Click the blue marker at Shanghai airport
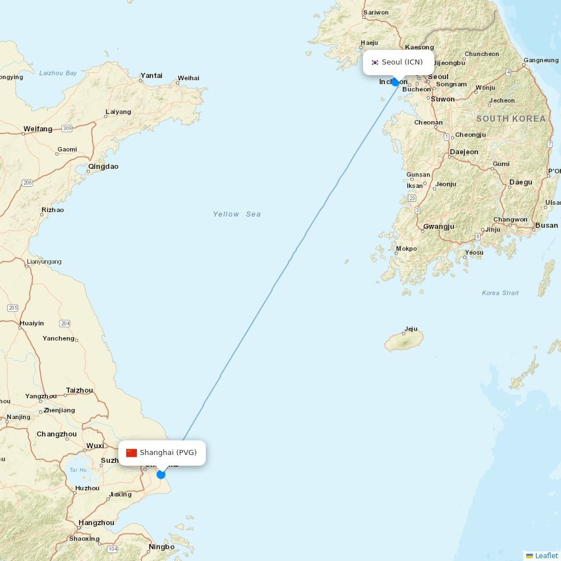pos(161,475)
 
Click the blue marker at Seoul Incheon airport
pos(396,82)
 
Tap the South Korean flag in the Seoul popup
pos(375,62)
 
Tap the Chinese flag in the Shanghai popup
pos(131,453)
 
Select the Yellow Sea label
pos(237,214)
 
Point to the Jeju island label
pos(411,329)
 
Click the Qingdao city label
pos(103,167)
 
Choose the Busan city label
pos(546,226)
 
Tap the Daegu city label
pos(521,182)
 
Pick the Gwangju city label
pos(439,227)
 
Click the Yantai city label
pos(151,75)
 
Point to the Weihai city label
pos(188,78)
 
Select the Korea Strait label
pos(500,293)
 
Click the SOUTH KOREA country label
pos(511,119)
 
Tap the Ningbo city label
pos(162,547)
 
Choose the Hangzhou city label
pos(96,523)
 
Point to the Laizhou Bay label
pos(58,73)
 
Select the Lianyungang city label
pos(44,261)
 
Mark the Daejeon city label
pos(464,152)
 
